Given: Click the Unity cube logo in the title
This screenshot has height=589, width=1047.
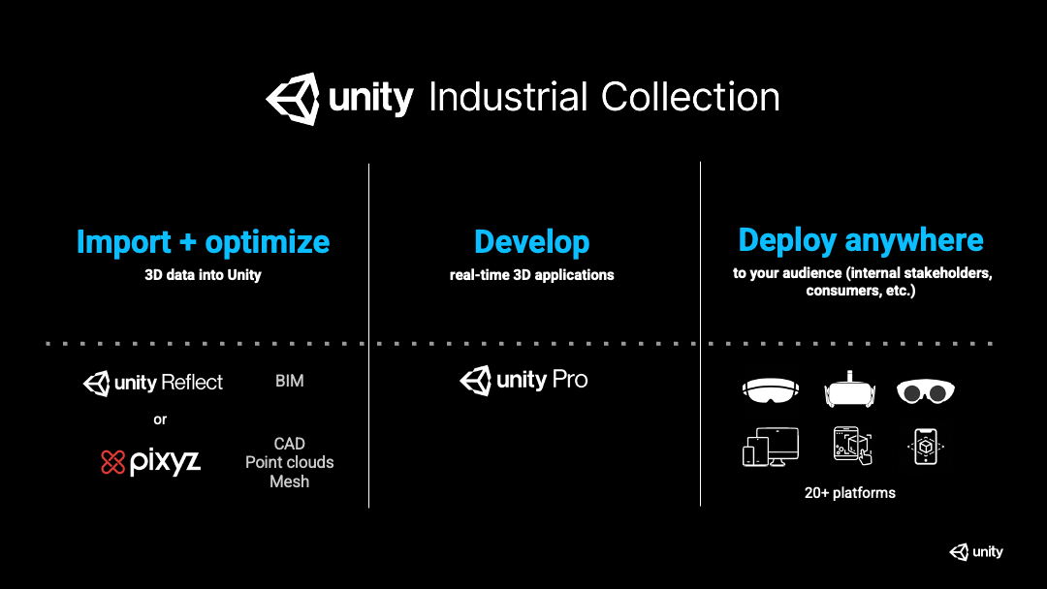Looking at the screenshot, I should (293, 98).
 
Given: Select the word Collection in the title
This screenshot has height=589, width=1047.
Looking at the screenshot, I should (690, 98).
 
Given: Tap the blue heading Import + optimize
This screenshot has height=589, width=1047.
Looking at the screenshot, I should (203, 242).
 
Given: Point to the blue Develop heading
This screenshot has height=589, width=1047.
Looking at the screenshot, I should (531, 242).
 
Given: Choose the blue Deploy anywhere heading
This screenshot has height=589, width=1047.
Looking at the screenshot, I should (861, 240).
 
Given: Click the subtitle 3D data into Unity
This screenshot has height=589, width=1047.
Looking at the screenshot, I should (203, 275).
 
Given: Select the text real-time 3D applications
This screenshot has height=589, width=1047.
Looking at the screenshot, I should (531, 275).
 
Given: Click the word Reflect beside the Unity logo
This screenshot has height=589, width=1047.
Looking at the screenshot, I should (192, 383).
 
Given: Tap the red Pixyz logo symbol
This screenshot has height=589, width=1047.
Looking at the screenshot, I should (113, 462).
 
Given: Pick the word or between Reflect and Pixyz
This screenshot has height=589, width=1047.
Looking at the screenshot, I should (160, 419).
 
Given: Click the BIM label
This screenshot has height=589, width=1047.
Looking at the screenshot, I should (289, 382).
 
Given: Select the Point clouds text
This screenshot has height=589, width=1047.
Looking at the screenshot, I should (289, 462).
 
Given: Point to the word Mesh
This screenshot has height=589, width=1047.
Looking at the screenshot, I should (289, 481).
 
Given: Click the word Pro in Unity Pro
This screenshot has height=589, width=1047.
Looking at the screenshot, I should (570, 380).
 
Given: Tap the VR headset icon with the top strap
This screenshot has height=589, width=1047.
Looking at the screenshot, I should (849, 389).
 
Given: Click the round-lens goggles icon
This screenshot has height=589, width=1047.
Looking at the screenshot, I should (925, 390).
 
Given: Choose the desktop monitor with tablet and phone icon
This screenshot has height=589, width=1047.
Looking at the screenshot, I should (771, 447).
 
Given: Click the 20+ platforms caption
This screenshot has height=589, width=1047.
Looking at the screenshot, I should (849, 493).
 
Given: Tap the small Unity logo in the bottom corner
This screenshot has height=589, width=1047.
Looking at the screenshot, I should (975, 552).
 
